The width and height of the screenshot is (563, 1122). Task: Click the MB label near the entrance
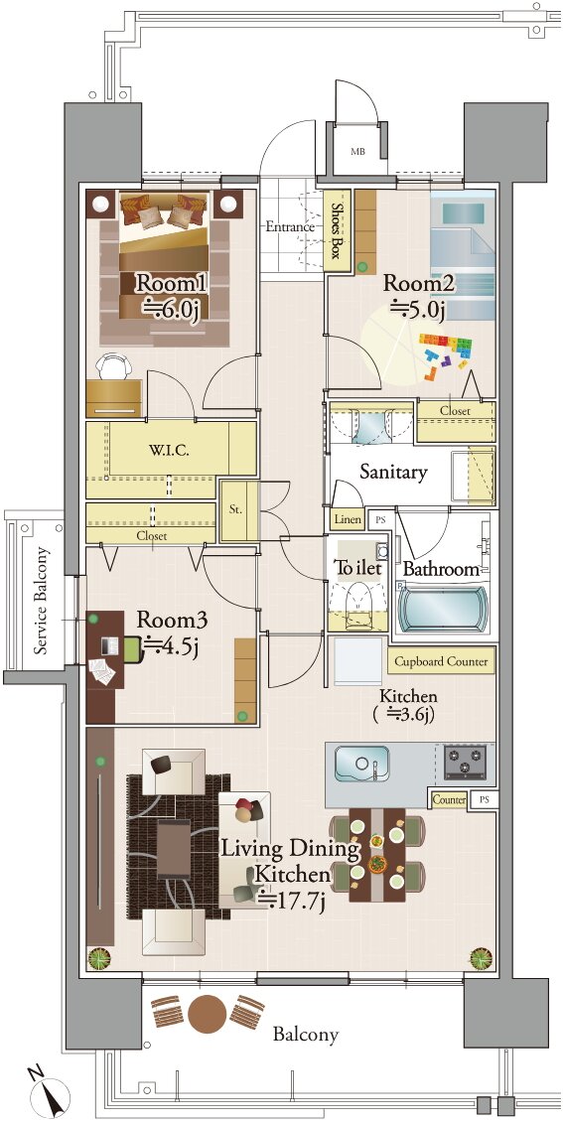pos(356,152)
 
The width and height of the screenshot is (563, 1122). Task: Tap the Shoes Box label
pos(338,229)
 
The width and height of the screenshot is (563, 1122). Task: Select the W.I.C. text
pos(170,452)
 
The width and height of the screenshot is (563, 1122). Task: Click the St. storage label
pos(236,510)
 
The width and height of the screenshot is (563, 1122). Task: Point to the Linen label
pos(348,518)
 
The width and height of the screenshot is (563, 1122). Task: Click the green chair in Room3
pos(132,648)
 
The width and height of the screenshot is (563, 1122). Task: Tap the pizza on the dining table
pos(377,864)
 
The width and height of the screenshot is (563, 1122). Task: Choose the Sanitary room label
pos(393,472)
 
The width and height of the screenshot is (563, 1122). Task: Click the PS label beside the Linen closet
pos(379,519)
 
